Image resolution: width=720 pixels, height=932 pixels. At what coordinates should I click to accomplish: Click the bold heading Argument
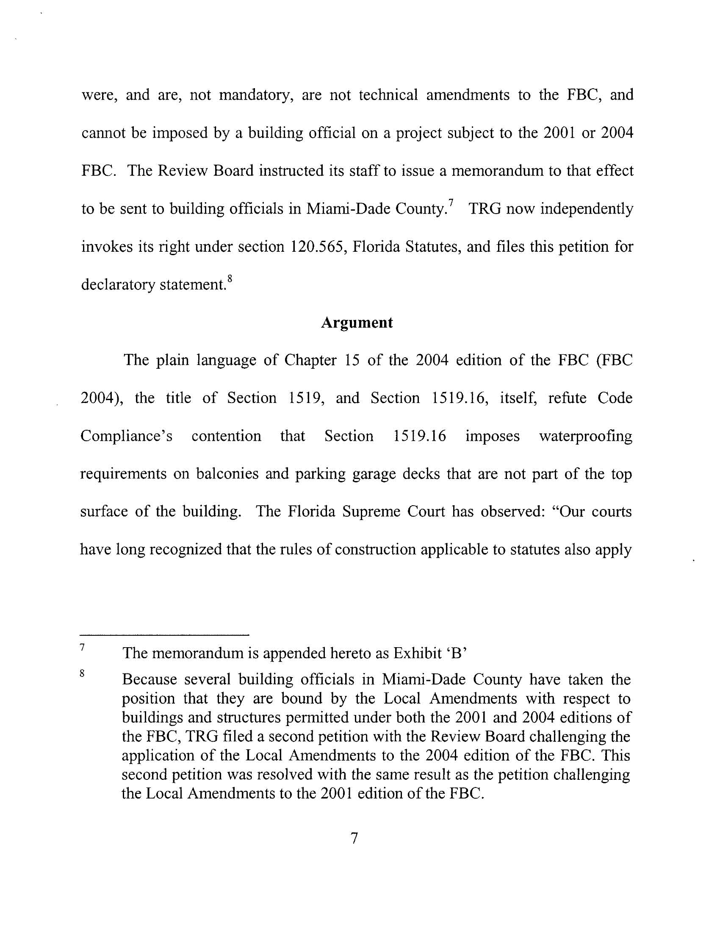(357, 323)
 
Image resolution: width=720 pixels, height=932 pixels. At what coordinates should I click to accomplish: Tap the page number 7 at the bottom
(354, 839)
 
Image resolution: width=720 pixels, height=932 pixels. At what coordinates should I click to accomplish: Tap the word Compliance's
(126, 436)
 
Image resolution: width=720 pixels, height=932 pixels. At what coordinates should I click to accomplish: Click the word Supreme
(366, 511)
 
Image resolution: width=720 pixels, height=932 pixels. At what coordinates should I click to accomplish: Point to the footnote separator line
(165, 635)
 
